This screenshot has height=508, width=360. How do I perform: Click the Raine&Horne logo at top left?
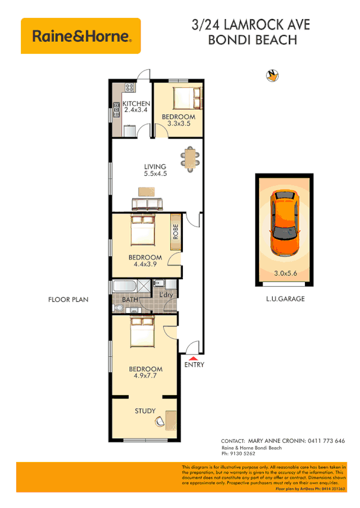coord(81,36)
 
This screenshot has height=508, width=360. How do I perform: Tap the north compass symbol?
coord(272,75)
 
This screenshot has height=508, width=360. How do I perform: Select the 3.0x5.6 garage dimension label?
coord(285,275)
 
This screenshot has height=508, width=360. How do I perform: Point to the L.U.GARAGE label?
coord(285,299)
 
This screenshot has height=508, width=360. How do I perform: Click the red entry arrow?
coord(193,357)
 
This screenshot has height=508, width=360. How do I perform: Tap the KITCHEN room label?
coord(136,104)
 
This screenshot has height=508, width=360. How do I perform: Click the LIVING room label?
coord(155,167)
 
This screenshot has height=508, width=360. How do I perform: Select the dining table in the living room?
coord(190,159)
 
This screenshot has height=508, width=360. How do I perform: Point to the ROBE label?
coord(176,231)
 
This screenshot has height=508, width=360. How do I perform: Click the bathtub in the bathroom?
coord(125,286)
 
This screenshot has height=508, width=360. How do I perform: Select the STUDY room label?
coord(145,411)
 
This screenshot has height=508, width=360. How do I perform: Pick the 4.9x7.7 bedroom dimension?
coord(146,377)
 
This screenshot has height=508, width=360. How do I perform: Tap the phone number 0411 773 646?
coord(324,441)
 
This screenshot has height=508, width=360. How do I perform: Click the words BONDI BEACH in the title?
coord(251,41)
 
